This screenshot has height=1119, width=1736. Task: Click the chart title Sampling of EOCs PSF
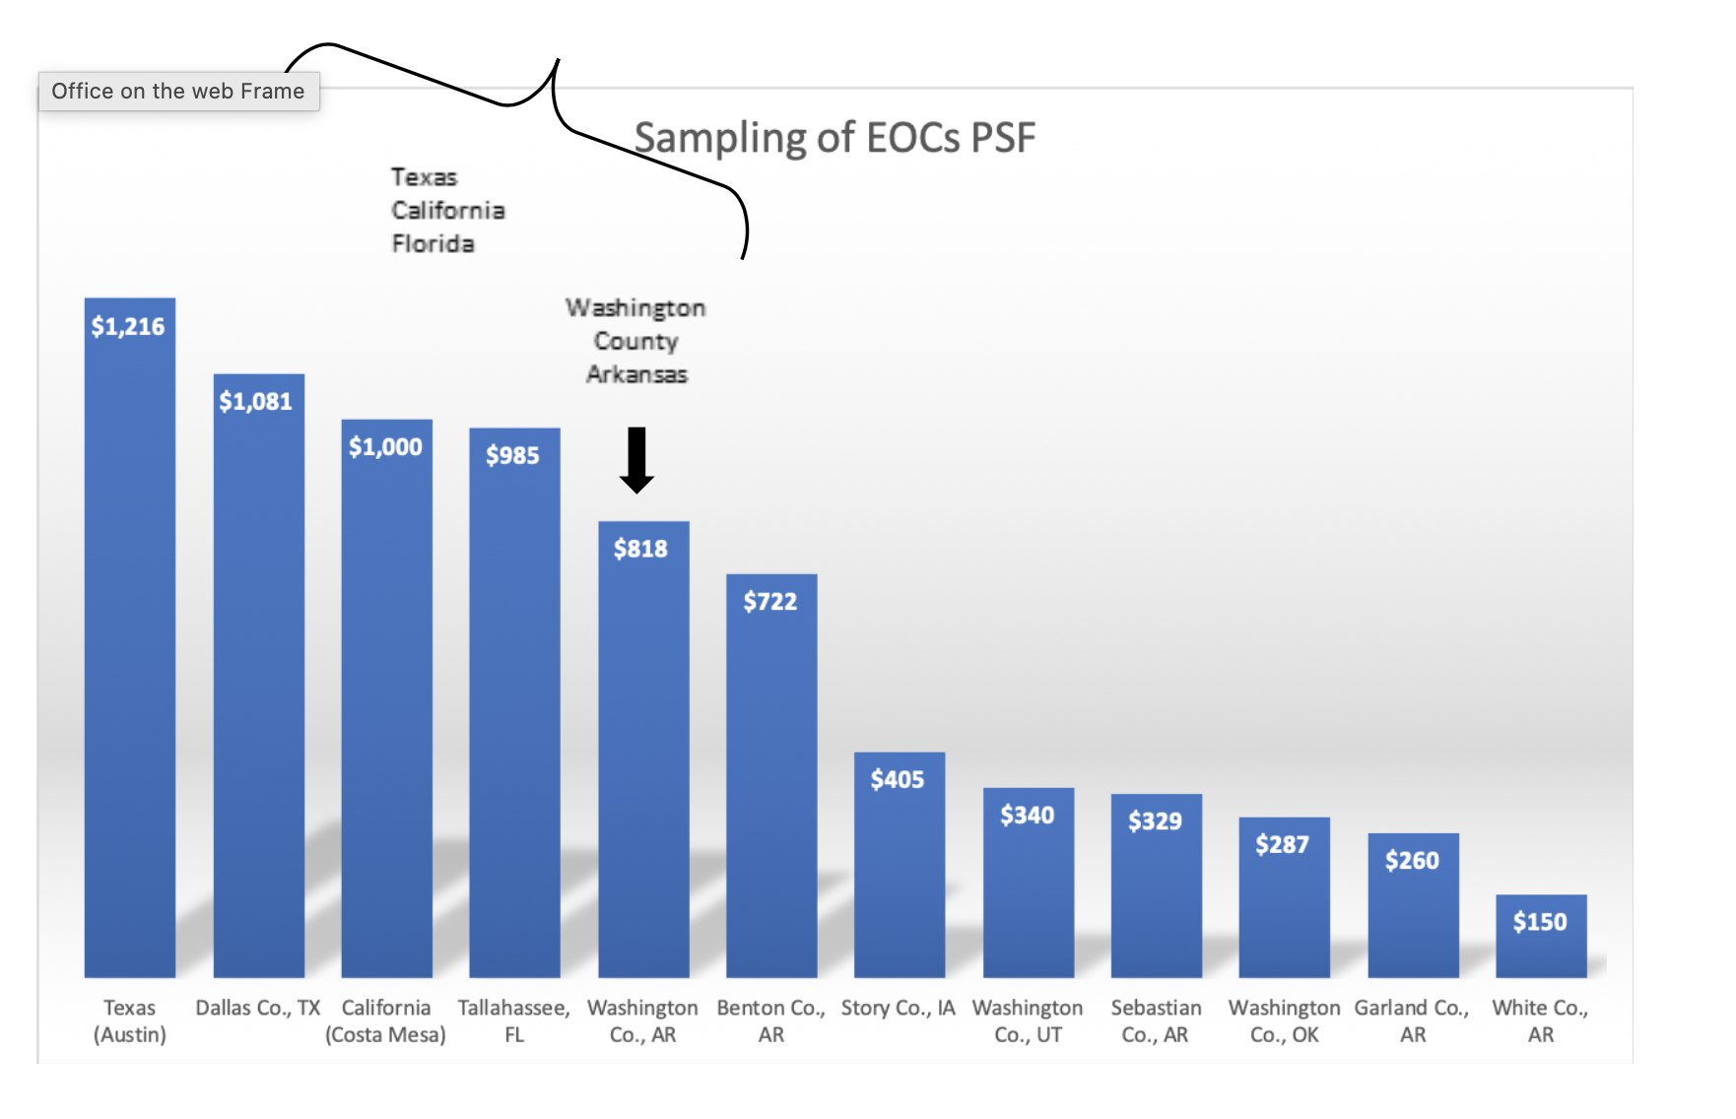[x=835, y=138]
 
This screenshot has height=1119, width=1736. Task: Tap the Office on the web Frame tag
[x=178, y=92]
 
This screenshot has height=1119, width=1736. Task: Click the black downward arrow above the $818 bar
[x=636, y=460]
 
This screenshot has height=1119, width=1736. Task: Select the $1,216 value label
[x=128, y=327]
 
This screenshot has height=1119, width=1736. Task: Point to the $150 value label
[x=1540, y=922]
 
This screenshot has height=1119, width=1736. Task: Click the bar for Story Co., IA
[x=899, y=877]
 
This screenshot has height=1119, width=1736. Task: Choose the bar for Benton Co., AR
[x=771, y=788]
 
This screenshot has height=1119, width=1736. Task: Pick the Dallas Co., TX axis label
[x=258, y=1008]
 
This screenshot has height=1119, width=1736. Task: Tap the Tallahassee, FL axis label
[x=514, y=1020]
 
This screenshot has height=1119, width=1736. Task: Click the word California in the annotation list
[x=448, y=211]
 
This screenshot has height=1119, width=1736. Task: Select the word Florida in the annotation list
[x=434, y=243]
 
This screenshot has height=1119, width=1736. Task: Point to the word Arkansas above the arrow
[x=636, y=374]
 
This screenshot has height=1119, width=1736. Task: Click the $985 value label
[x=512, y=455]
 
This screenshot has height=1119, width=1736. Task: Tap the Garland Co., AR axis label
[x=1412, y=1020]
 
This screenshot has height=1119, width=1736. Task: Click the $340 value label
[x=1027, y=815]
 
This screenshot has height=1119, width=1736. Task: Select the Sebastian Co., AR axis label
[x=1156, y=1020]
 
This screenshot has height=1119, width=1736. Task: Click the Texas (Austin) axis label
[x=130, y=1020]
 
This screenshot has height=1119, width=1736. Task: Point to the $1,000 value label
[x=385, y=447]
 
